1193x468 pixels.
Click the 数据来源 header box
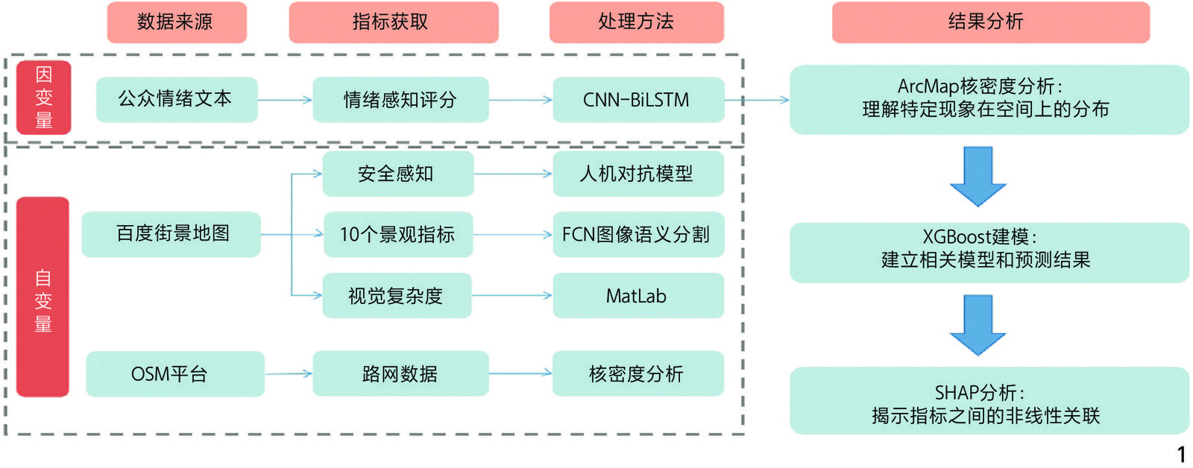[x=176, y=22]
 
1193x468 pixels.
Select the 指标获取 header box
[x=393, y=22]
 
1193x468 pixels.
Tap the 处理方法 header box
[x=636, y=22]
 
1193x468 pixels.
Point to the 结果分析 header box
[x=990, y=22]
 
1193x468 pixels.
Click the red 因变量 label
[x=44, y=98]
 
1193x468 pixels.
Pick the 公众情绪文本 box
[x=177, y=99]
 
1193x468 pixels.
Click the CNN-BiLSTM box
[x=638, y=99]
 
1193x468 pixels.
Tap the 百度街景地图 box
[x=171, y=234]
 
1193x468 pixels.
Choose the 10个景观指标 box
[x=397, y=235]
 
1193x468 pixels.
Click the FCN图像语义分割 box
[x=638, y=235]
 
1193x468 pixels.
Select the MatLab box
[x=638, y=296]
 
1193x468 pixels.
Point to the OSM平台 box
[x=174, y=373]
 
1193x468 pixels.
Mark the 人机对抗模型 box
[x=638, y=174]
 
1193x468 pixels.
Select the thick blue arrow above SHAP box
[x=978, y=325]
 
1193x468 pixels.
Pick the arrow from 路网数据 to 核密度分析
[x=520, y=373]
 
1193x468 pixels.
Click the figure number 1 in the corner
[x=1181, y=454]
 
